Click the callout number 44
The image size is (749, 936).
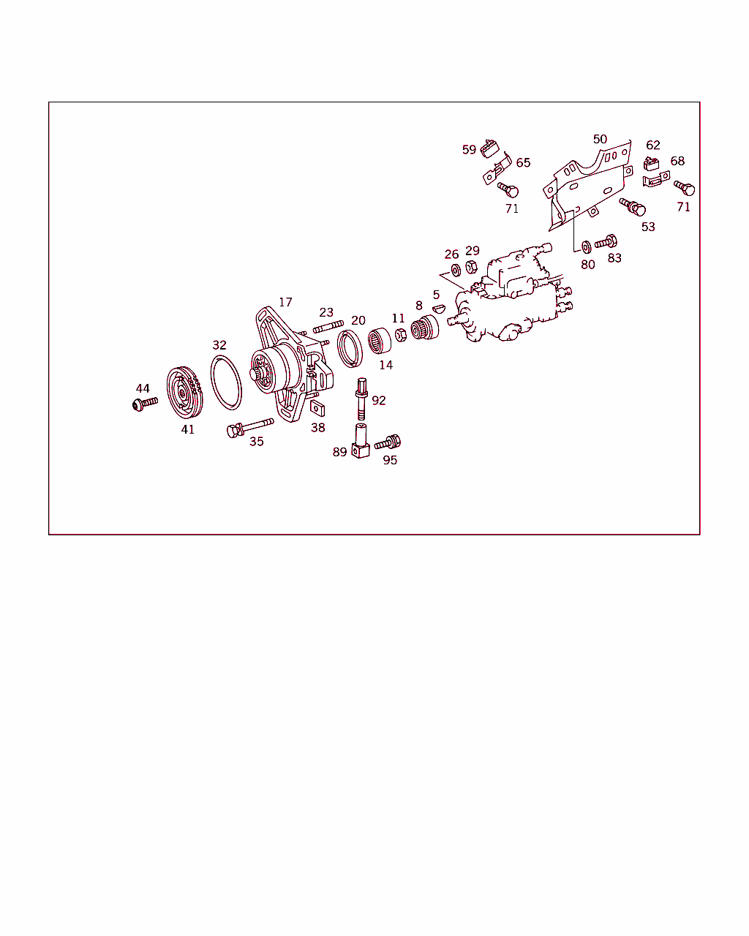[x=143, y=388]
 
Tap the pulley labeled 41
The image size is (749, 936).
[x=184, y=393]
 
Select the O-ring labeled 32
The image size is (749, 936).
[x=226, y=382]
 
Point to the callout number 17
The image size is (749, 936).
[x=285, y=302]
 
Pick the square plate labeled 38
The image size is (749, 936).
[x=317, y=408]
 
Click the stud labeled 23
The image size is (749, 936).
[x=328, y=327]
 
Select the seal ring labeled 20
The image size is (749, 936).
[x=350, y=348]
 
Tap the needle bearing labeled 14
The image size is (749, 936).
[x=380, y=340]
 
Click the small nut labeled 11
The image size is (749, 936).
[x=401, y=335]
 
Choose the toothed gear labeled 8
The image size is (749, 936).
[x=425, y=327]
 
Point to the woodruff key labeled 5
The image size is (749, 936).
[x=439, y=309]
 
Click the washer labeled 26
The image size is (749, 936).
[x=456, y=271]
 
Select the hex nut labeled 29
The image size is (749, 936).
[x=471, y=267]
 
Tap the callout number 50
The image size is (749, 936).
[x=600, y=139]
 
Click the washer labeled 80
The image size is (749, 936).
[x=586, y=247]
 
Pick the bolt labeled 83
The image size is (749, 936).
[x=606, y=242]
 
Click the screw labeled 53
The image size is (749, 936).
[x=633, y=207]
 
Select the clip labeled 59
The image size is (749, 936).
[x=489, y=148]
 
